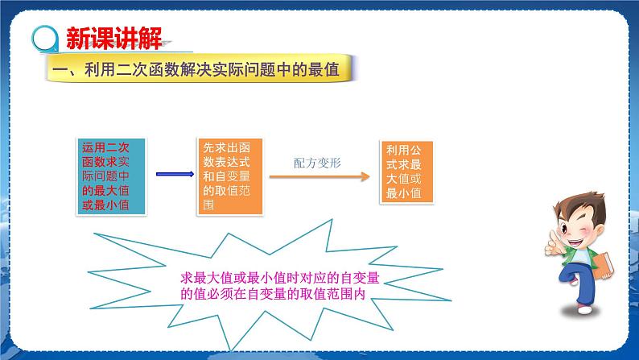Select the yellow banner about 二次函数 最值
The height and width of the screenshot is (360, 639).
(x=201, y=70)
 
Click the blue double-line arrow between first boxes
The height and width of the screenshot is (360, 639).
(x=171, y=175)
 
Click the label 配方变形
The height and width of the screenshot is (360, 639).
(x=317, y=162)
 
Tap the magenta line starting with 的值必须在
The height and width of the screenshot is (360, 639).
(x=274, y=294)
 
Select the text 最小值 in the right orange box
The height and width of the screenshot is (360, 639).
(x=403, y=193)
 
